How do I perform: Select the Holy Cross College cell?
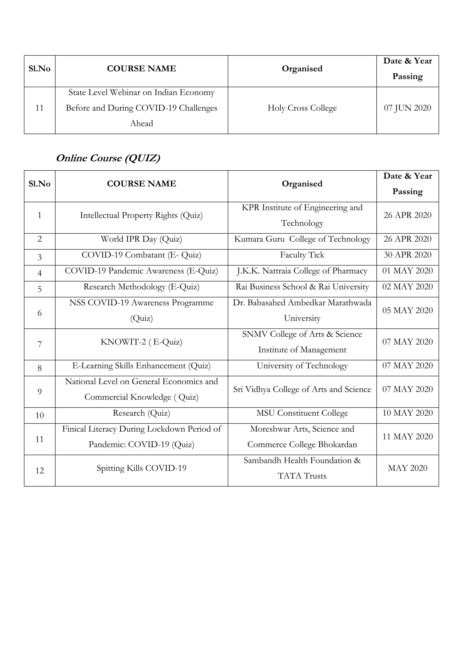click(302, 108)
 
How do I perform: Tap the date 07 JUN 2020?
click(407, 108)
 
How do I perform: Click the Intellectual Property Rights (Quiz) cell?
click(141, 215)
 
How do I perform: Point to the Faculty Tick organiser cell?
click(302, 255)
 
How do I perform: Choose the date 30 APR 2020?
click(407, 255)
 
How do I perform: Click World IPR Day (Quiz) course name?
click(141, 239)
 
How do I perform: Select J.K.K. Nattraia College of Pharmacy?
click(302, 271)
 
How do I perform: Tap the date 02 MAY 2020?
click(407, 287)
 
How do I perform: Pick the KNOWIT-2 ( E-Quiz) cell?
click(141, 342)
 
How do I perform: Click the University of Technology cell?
click(302, 366)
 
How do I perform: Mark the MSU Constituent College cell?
click(302, 413)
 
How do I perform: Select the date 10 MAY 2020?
click(407, 413)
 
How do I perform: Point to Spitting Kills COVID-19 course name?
click(141, 468)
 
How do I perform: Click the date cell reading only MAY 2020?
click(407, 468)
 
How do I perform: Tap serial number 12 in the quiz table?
click(40, 471)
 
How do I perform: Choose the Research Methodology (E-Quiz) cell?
click(141, 287)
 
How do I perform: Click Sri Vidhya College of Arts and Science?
click(302, 389)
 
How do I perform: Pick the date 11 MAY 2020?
click(407, 437)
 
